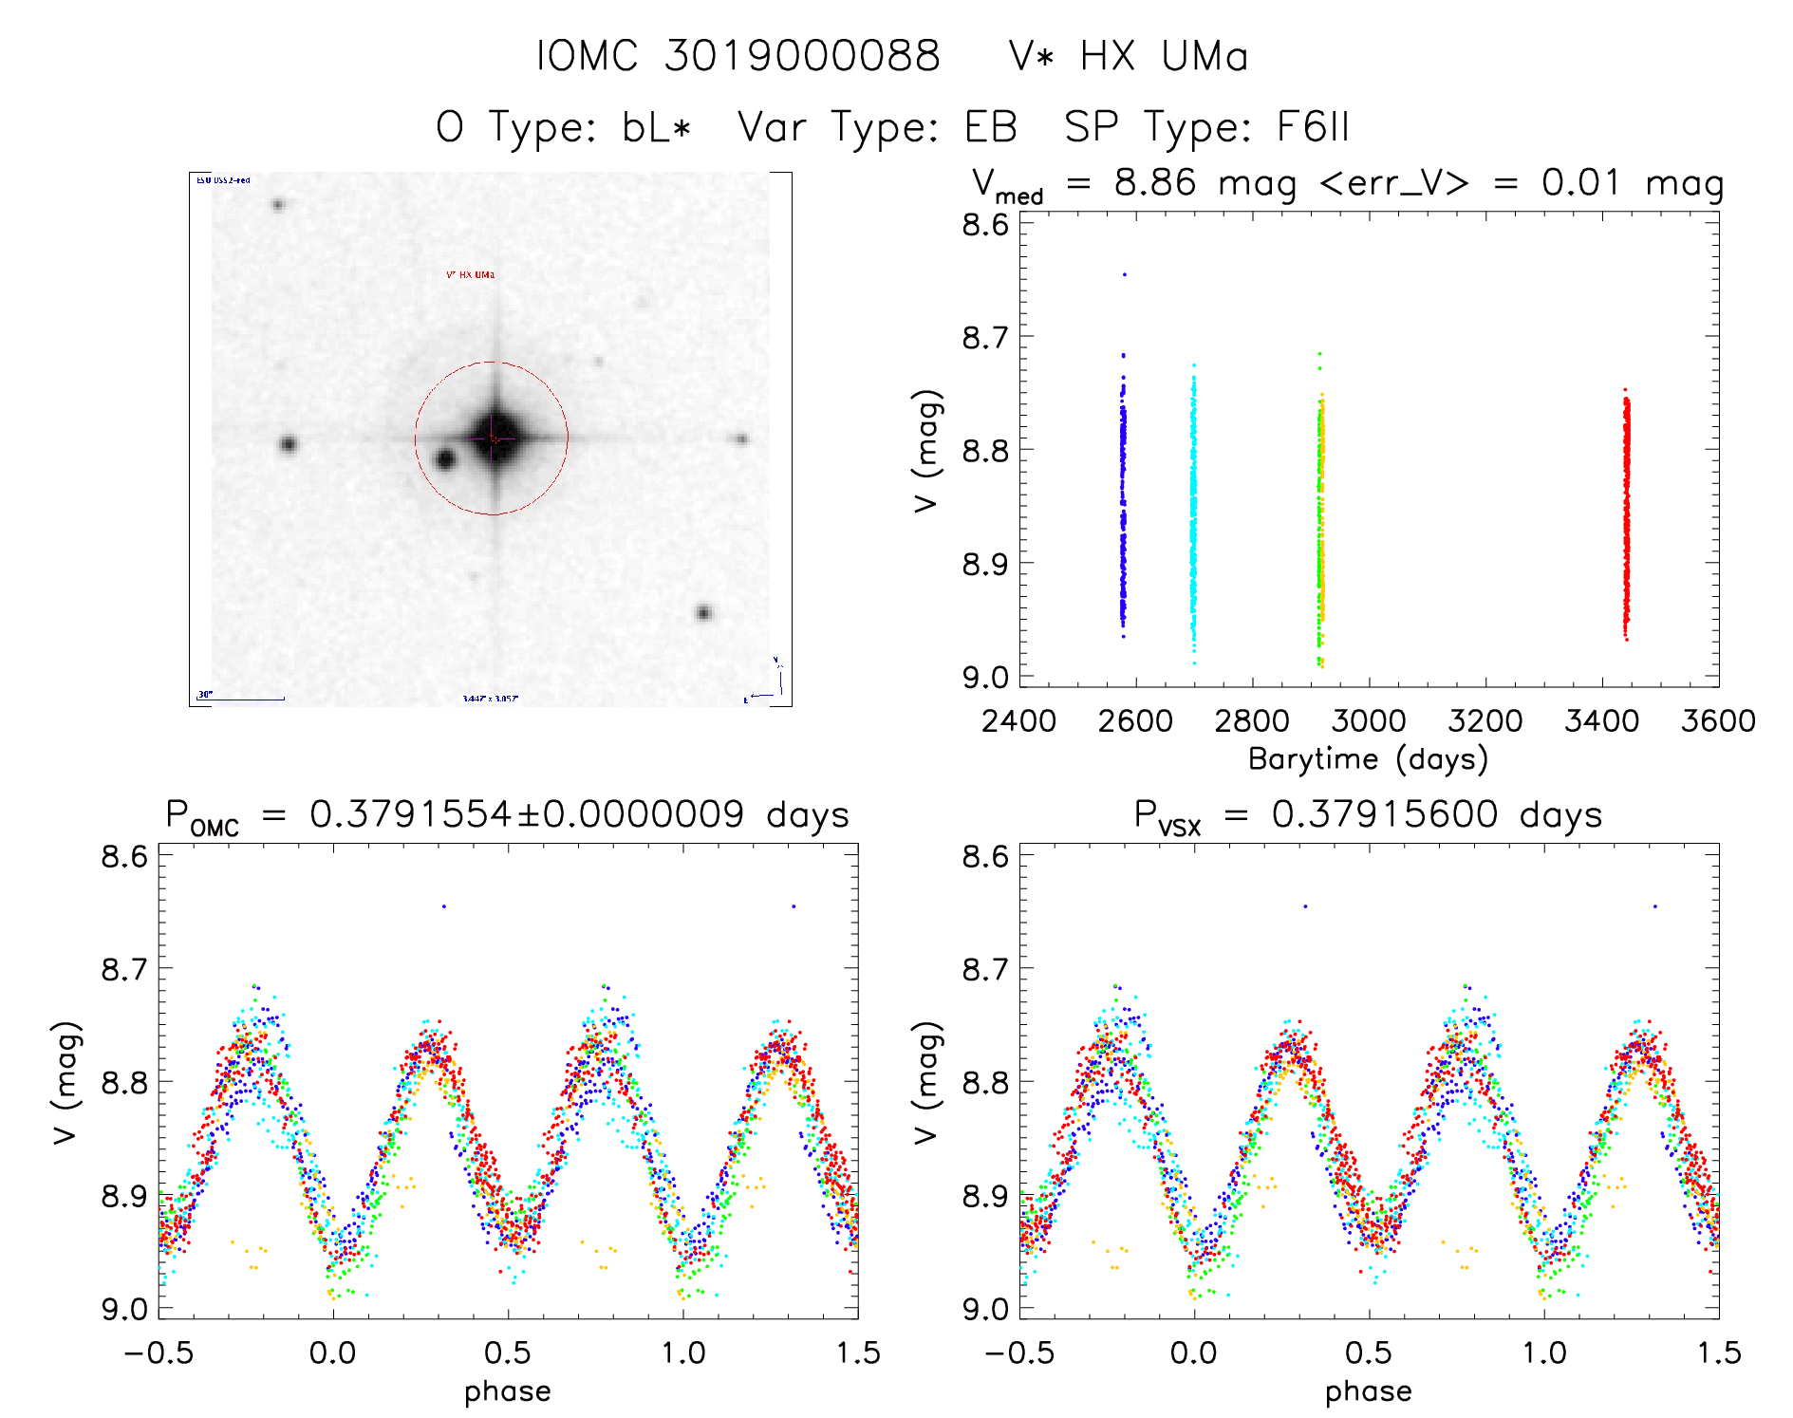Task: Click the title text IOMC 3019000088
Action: pos(738,57)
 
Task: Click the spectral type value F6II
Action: pos(1313,127)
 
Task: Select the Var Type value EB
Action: pos(990,127)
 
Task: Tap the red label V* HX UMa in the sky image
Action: pos(471,275)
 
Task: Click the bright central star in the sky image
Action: pos(494,438)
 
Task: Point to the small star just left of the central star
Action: pos(444,460)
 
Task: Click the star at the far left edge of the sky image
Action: pos(289,444)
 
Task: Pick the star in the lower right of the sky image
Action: pos(703,613)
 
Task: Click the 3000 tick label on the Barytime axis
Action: pos(1368,721)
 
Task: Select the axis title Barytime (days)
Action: pos(1368,759)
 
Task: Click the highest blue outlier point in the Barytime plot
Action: pos(1125,274)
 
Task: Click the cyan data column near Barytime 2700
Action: pos(1193,513)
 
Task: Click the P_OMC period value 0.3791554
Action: pos(410,814)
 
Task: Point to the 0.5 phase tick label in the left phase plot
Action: pos(508,1353)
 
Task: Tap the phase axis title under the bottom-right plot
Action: pos(1368,1391)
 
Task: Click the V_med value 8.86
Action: pos(1154,182)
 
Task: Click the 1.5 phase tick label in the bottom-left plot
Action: pos(858,1353)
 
